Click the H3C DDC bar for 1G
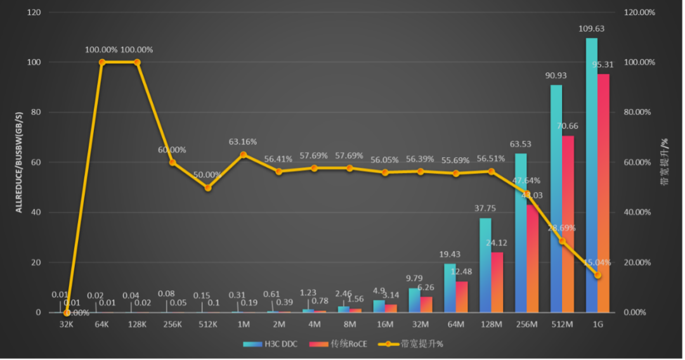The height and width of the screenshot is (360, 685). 591,177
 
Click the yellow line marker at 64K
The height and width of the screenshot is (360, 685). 102,62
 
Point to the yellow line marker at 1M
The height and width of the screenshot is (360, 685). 244,154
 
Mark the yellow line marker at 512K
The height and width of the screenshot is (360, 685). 208,188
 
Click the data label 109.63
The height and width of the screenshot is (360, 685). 591,29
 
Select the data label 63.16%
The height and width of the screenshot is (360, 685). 244,141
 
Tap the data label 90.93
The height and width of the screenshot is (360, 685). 556,75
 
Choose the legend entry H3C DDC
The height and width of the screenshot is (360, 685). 275,344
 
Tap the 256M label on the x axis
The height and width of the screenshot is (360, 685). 526,324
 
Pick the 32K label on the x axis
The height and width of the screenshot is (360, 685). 67,324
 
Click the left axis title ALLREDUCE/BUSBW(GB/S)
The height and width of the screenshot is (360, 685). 19,162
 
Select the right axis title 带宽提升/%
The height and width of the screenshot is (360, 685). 665,162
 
